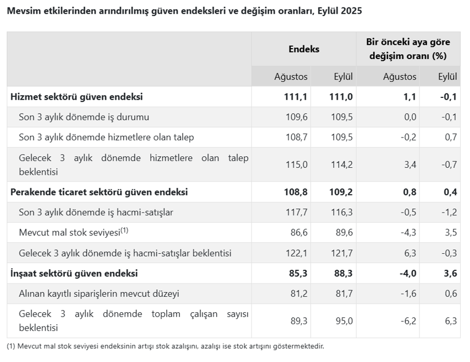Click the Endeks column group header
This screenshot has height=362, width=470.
click(304, 49)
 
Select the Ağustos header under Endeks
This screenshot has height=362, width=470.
click(291, 77)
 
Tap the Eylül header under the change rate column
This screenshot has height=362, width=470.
click(447, 77)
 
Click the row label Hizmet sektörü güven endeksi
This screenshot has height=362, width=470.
click(76, 97)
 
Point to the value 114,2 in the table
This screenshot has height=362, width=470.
click(342, 164)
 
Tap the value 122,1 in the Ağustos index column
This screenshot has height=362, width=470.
click(296, 253)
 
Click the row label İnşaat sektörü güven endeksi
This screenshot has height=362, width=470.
click(74, 274)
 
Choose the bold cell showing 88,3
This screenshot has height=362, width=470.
click(342, 274)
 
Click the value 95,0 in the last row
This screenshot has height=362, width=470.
click(343, 321)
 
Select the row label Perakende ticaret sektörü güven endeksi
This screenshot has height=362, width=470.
click(99, 192)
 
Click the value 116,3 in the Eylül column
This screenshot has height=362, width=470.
click(342, 213)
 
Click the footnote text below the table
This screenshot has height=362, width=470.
click(165, 346)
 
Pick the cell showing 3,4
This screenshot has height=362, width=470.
click(409, 164)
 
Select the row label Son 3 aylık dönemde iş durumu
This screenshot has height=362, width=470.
click(84, 117)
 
